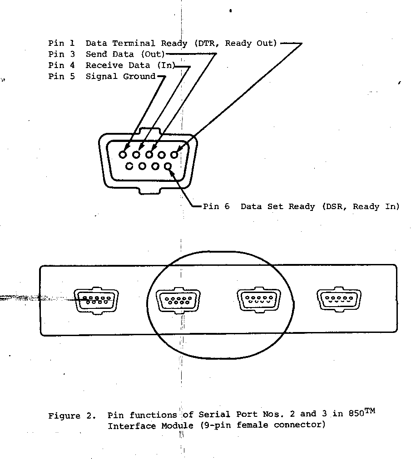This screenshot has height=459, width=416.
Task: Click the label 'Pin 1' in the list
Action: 61,44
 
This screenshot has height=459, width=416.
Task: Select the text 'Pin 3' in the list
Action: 61,54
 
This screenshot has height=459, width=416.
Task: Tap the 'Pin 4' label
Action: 61,65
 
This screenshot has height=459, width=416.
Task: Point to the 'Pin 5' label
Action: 61,76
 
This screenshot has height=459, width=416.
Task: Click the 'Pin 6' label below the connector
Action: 216,207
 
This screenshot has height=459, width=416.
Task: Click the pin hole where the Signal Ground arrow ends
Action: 123,154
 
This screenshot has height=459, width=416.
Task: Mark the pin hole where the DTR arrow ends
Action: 174,154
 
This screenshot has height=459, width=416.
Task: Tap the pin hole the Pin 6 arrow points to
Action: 168,166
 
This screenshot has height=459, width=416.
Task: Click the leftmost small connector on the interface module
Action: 96,299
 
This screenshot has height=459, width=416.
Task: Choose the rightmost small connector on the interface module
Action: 339,299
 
